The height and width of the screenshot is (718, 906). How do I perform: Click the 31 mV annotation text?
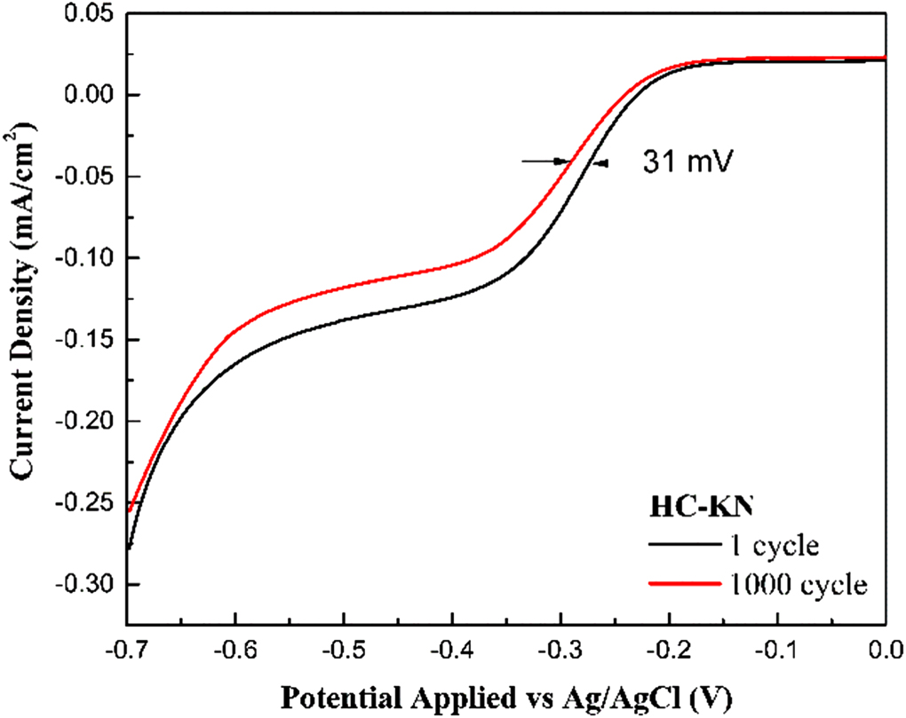click(x=683, y=163)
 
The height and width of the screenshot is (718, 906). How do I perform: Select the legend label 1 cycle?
click(x=772, y=545)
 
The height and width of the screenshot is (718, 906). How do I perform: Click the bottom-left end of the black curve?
click(x=130, y=548)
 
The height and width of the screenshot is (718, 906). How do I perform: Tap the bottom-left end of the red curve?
click(x=130, y=510)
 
